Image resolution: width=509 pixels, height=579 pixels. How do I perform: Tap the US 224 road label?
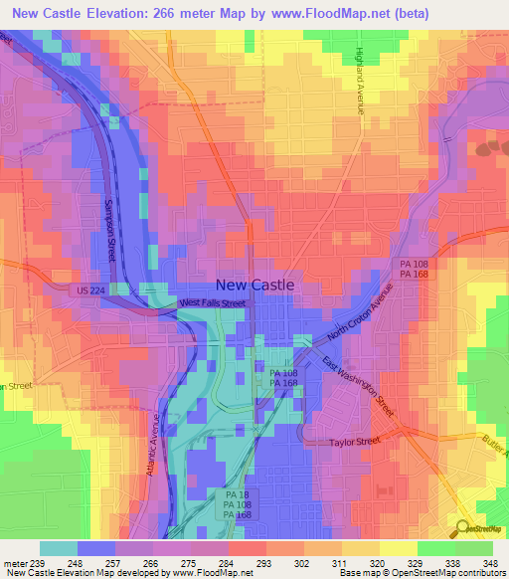[88, 289]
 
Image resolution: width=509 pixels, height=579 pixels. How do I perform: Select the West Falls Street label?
[212, 302]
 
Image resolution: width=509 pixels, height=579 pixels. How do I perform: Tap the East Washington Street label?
[359, 390]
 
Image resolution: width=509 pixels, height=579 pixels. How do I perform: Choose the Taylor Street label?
[355, 441]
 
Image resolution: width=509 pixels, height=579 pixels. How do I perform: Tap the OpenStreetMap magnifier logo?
[460, 529]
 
